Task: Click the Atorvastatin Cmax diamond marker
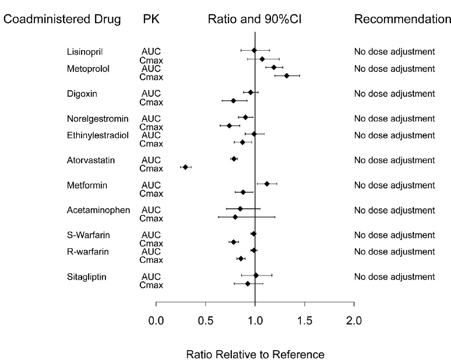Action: tap(185, 167)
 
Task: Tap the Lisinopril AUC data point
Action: tap(254, 51)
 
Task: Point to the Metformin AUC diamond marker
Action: tap(267, 183)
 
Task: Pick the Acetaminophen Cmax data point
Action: tap(235, 217)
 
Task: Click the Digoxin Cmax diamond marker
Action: tap(234, 101)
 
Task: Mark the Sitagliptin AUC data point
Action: tap(256, 275)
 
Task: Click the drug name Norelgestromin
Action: tap(98, 119)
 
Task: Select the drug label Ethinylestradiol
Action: tap(97, 135)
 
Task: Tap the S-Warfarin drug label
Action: tap(89, 235)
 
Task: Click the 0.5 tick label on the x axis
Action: tap(206, 320)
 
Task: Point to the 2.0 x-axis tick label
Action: tap(354, 320)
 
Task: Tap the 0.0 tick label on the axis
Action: tap(156, 320)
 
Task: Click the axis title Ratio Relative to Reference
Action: tap(255, 354)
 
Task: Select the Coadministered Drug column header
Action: tap(62, 20)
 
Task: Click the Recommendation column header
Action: tap(402, 20)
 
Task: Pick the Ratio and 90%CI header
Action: tap(255, 20)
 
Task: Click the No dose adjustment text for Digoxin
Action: tap(394, 94)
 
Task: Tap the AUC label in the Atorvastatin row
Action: tap(151, 160)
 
